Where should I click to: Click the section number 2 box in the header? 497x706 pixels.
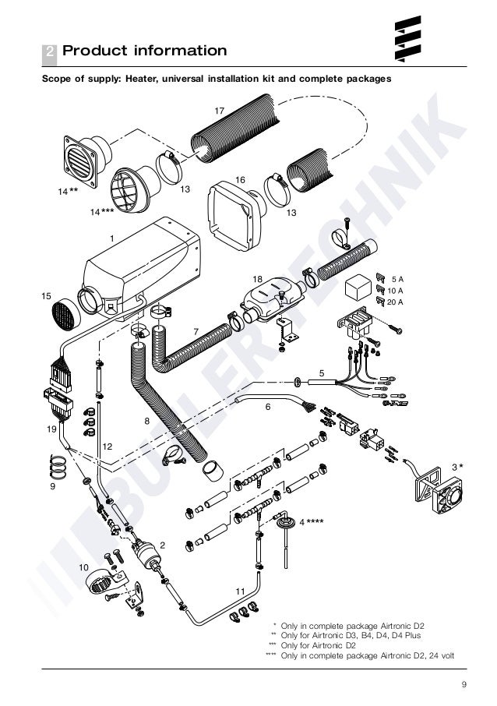(49, 52)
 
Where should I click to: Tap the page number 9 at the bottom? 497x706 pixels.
(464, 684)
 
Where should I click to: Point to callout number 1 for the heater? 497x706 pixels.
(112, 237)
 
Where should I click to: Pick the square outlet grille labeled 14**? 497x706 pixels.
(80, 158)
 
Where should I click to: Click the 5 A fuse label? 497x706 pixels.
(397, 278)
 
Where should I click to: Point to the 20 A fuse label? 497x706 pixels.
(396, 302)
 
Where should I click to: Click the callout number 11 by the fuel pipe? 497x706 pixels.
(241, 591)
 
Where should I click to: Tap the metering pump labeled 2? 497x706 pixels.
(143, 549)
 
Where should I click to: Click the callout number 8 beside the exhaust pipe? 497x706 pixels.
(146, 421)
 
